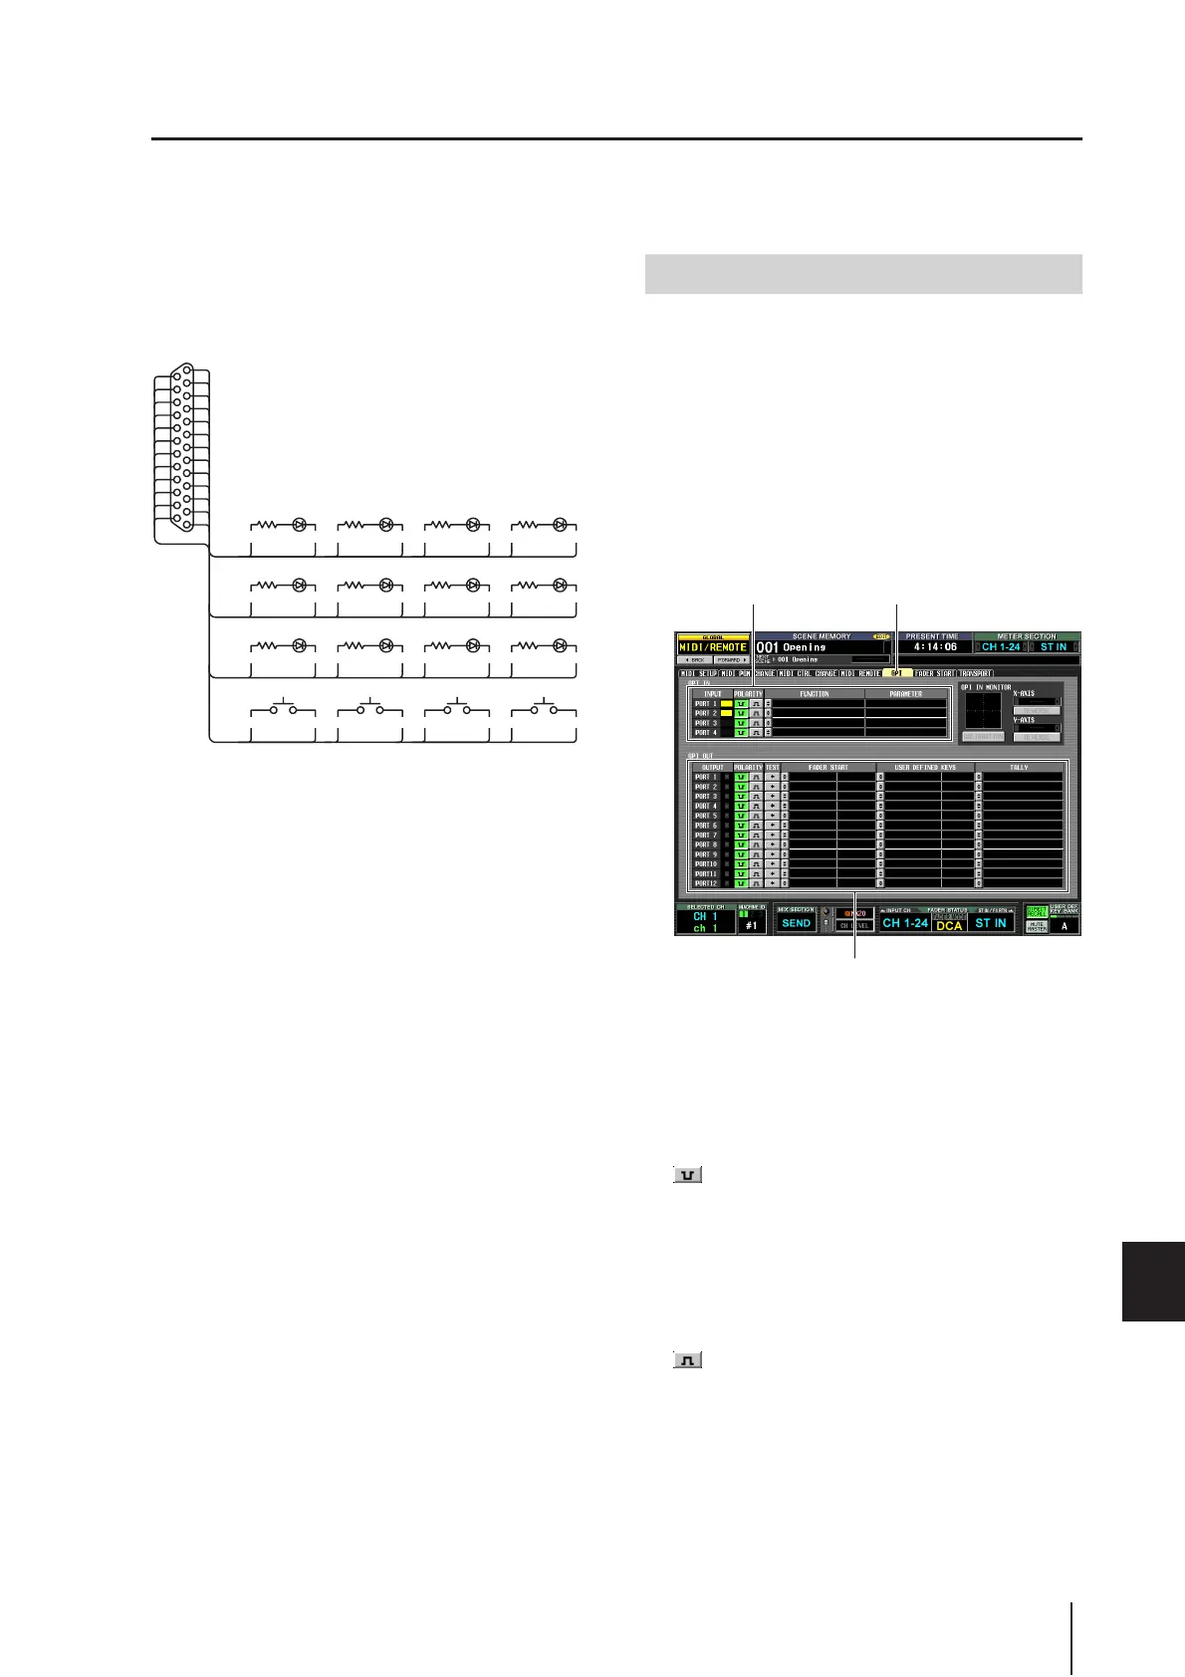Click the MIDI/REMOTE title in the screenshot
click(712, 647)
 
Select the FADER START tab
click(934, 673)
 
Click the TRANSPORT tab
click(975, 673)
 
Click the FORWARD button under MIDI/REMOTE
click(732, 660)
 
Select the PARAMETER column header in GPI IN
click(905, 694)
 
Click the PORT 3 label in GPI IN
click(706, 723)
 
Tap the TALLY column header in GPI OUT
click(1020, 768)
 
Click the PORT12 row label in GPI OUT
click(706, 883)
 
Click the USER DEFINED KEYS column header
click(926, 768)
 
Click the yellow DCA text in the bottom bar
click(949, 925)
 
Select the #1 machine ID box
click(751, 924)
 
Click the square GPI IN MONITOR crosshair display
click(984, 711)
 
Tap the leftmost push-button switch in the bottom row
click(282, 710)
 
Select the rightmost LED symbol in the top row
click(560, 524)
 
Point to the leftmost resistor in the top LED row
click(267, 524)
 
